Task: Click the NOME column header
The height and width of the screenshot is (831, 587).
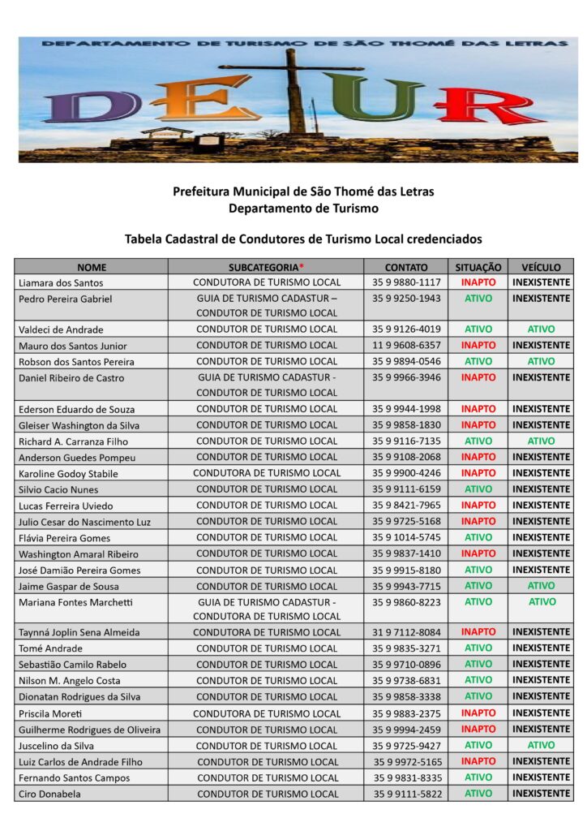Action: [x=92, y=266]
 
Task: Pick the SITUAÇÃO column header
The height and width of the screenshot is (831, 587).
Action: [x=478, y=266]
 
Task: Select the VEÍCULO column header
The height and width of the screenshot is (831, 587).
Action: [x=541, y=266]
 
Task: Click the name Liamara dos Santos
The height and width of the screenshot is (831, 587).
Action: [x=61, y=282]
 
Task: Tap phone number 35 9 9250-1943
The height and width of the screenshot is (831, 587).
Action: [x=406, y=299]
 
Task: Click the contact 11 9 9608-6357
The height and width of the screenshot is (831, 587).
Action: [x=406, y=346]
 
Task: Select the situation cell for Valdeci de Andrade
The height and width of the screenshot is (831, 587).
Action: [x=478, y=329]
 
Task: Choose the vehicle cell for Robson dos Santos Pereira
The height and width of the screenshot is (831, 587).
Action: [x=541, y=361]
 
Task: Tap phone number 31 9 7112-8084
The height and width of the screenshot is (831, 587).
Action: [x=406, y=632]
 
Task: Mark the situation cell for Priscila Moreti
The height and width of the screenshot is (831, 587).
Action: [x=478, y=713]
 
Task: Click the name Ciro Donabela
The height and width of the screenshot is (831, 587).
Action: [x=49, y=794]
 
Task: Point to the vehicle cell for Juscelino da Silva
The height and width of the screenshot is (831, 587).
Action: [x=541, y=745]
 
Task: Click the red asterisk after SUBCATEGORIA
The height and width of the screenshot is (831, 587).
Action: [x=302, y=265]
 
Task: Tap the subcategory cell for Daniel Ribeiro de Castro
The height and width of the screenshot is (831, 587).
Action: [x=267, y=385]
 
